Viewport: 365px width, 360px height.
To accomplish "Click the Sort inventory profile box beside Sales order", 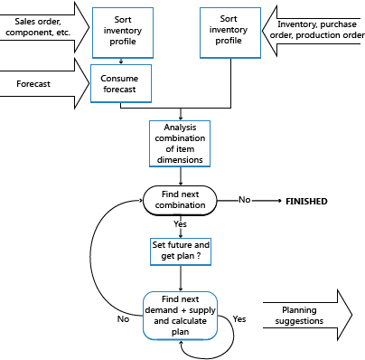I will [x=122, y=30].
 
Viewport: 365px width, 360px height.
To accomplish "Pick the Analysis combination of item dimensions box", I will [x=180, y=142].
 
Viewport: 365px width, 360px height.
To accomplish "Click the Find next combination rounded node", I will [x=180, y=200].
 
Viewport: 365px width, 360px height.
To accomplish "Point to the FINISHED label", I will [x=306, y=200].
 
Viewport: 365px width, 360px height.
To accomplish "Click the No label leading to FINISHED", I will [x=245, y=198].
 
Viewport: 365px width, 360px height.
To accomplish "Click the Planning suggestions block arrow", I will [x=307, y=313].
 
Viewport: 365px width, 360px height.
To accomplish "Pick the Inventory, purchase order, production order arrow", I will [x=312, y=31].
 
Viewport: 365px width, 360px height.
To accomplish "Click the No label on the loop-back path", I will [x=124, y=318].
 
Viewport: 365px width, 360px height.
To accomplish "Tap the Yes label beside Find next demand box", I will [x=239, y=319].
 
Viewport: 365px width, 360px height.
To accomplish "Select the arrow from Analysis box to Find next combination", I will [x=180, y=175].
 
